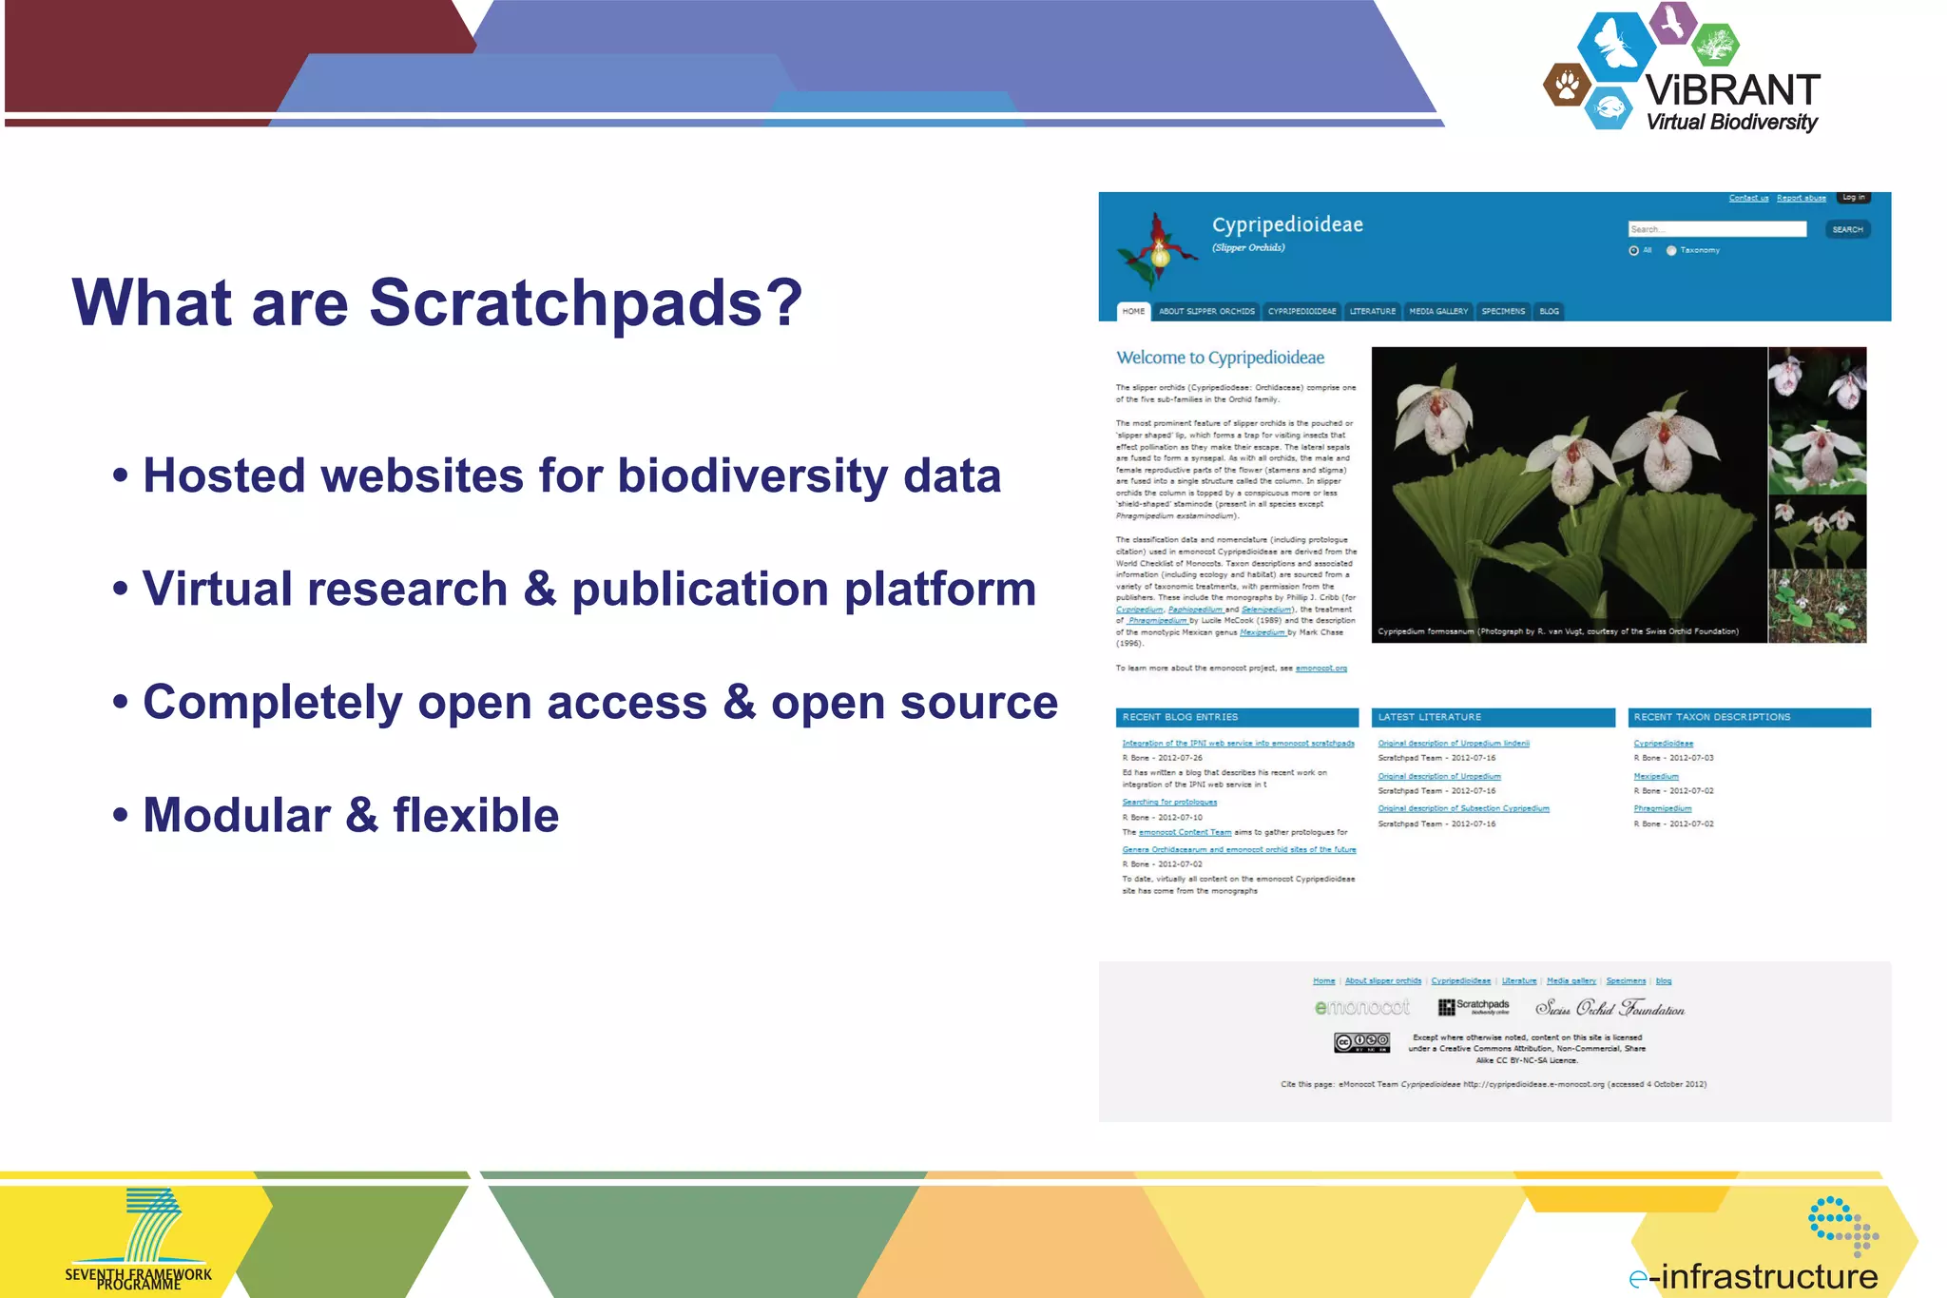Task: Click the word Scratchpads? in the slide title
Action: point(585,303)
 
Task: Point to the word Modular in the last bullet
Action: point(236,815)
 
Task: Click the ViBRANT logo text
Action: point(1732,91)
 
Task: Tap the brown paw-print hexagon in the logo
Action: point(1567,86)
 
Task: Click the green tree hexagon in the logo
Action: point(1715,44)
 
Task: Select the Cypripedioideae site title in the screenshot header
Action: point(1287,224)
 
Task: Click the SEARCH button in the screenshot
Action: point(1847,229)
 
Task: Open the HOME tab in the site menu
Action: point(1133,311)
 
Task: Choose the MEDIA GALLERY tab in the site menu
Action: point(1438,311)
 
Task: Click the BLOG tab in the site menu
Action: point(1549,311)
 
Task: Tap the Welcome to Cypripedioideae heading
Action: point(1220,358)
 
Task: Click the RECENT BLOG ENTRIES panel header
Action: point(1236,717)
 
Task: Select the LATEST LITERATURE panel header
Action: point(1493,717)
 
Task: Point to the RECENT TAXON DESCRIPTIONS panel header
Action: point(1748,717)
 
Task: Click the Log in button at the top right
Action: point(1853,198)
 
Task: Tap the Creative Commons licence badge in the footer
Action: point(1361,1042)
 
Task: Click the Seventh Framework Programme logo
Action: point(141,1240)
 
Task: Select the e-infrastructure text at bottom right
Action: point(1754,1276)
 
